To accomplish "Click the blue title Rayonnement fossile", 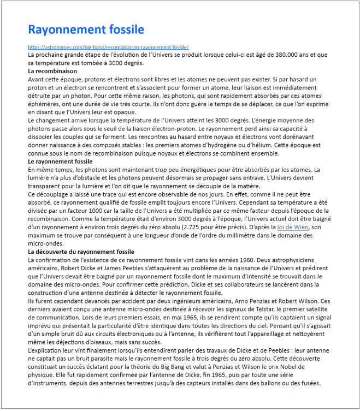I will (x=86, y=29).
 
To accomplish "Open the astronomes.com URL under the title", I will (x=108, y=47).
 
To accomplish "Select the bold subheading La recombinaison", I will (x=52, y=71).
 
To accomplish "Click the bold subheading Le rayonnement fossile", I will (x=60, y=162).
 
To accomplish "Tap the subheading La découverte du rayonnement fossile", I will (x=81, y=252).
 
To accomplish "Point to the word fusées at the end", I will (x=309, y=383).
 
